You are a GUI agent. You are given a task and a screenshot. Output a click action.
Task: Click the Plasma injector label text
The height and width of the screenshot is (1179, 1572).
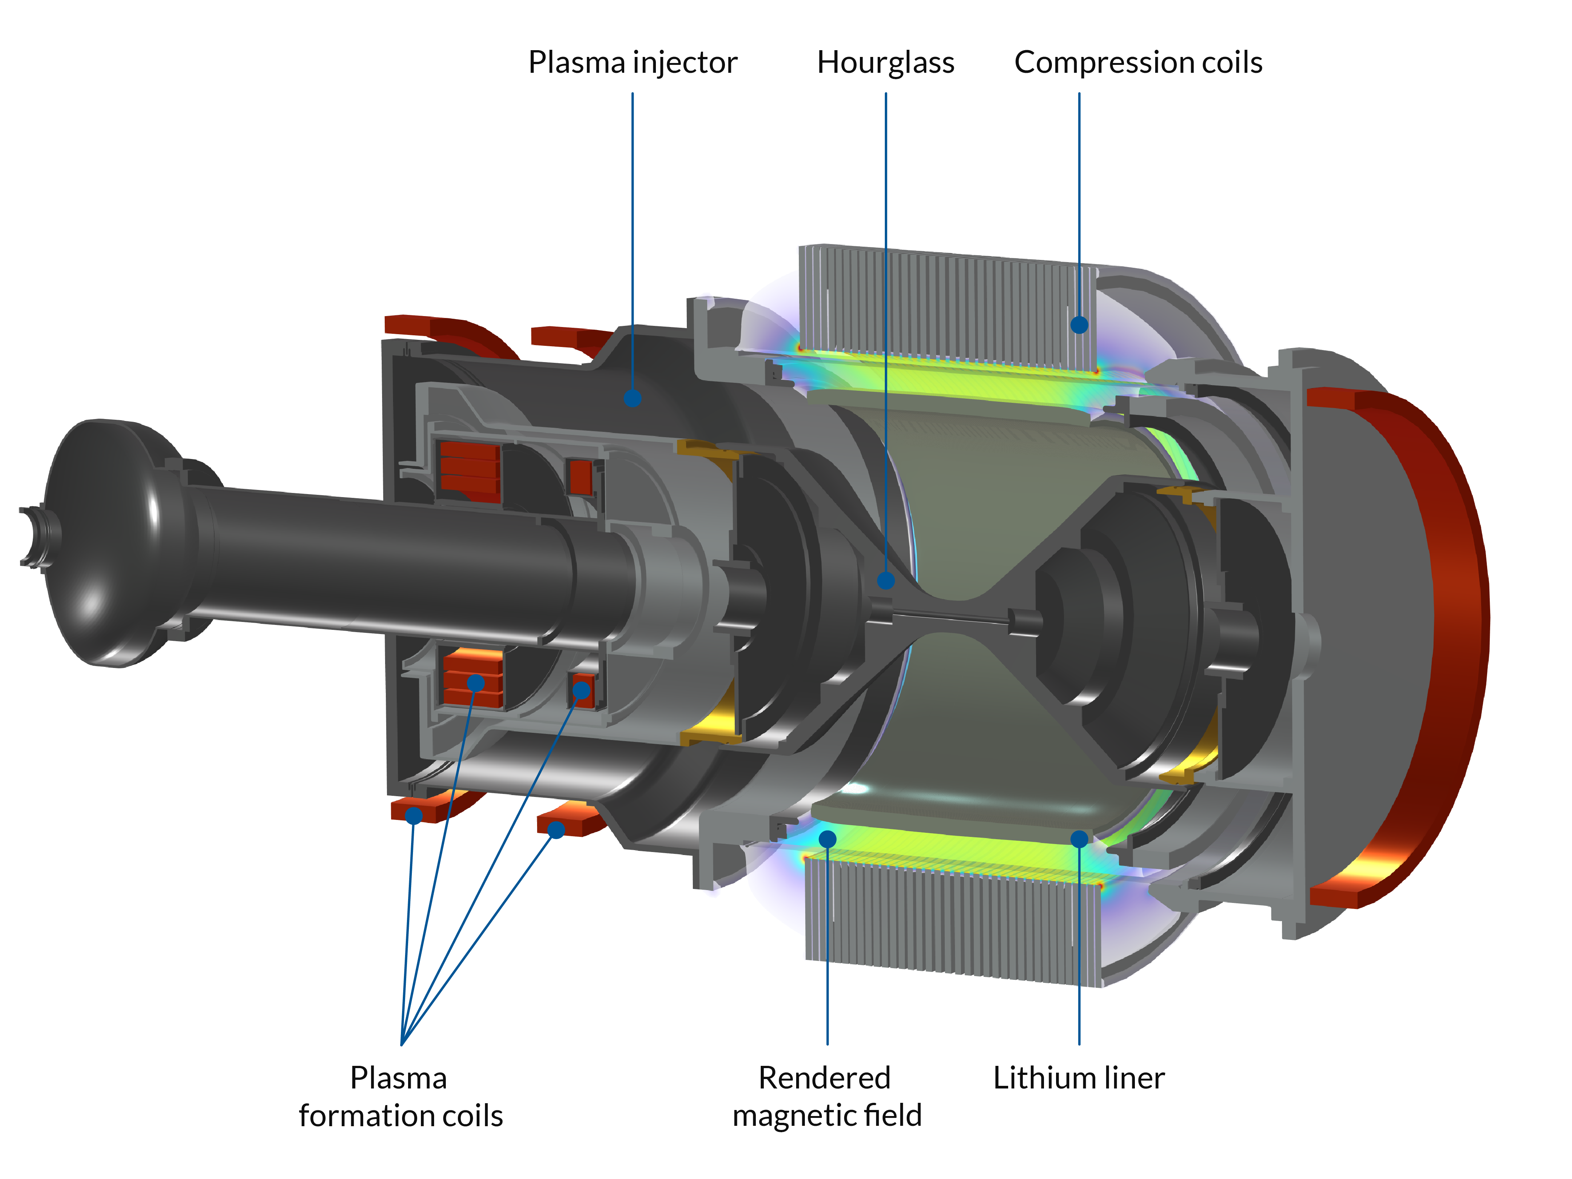(632, 63)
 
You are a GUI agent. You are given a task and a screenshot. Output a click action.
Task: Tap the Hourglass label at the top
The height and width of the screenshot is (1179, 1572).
(886, 63)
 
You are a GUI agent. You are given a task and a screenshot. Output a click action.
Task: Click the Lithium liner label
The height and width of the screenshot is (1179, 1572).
(1079, 1078)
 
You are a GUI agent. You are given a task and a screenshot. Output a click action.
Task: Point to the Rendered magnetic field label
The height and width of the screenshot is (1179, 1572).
(826, 1096)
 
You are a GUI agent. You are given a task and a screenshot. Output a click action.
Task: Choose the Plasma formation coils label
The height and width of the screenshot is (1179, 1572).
(400, 1096)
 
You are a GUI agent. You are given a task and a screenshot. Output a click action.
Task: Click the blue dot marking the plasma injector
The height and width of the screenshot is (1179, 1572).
(632, 398)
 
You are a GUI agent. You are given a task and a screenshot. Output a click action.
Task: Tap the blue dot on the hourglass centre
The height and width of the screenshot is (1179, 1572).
(886, 580)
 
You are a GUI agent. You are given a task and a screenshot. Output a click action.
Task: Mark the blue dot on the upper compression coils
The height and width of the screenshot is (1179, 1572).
(1079, 325)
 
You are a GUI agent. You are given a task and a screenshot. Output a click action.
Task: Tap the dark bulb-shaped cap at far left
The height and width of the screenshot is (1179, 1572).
(107, 543)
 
